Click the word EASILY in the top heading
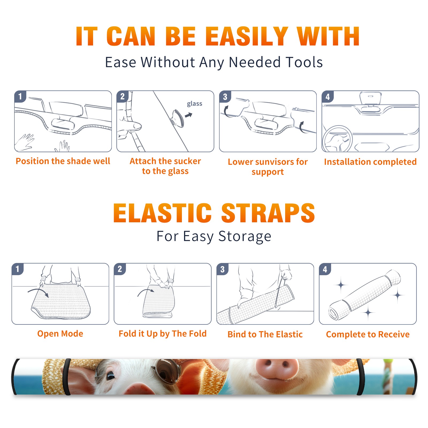pos(247,36)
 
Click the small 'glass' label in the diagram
pos(194,104)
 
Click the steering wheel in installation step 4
pos(337,139)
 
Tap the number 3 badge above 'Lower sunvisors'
pos(225,97)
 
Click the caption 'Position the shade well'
pos(63,161)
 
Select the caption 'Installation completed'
pos(370,162)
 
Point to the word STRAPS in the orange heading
pos(268,213)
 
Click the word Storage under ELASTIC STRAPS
pos(245,236)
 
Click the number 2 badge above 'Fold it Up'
pos(120,269)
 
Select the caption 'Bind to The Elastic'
pos(265,334)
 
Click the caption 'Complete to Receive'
pos(368,334)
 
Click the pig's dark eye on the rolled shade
pos(110,376)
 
